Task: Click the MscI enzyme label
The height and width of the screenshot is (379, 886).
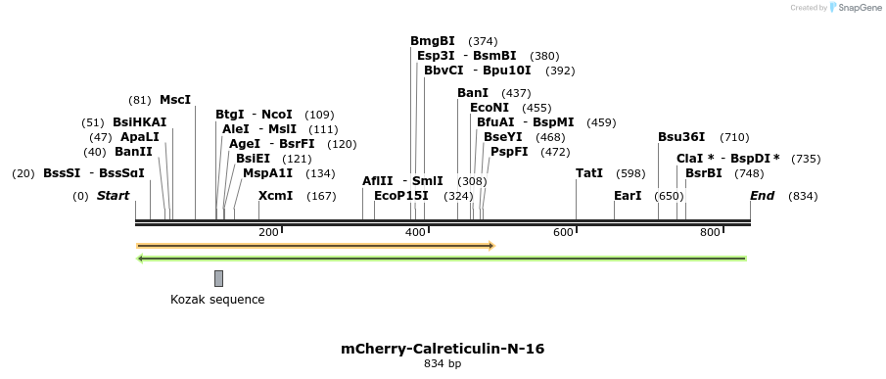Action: (x=175, y=99)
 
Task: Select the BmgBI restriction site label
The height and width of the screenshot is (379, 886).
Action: (x=433, y=41)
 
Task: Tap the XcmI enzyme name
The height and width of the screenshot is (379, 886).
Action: (x=275, y=196)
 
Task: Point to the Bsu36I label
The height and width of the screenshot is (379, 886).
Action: (x=681, y=137)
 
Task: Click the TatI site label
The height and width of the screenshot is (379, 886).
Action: (x=589, y=173)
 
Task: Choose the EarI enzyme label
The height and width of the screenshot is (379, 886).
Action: (x=628, y=196)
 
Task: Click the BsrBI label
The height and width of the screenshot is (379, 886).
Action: (x=704, y=173)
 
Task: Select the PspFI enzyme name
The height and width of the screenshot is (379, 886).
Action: (x=509, y=152)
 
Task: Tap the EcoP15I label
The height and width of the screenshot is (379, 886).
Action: (x=401, y=196)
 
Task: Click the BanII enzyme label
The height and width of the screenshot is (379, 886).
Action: (x=134, y=152)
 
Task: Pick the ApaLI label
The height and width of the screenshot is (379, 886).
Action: (x=139, y=137)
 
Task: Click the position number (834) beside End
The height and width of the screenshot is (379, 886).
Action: (x=803, y=196)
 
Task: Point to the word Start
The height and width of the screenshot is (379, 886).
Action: (x=113, y=196)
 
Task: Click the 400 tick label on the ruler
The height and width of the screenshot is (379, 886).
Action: (x=415, y=232)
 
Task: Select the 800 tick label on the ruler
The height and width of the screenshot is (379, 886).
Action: (x=709, y=232)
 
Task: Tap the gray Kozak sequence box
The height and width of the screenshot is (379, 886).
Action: (x=218, y=278)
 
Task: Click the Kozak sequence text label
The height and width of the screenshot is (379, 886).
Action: (x=217, y=300)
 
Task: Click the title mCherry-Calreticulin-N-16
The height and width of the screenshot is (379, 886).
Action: (x=443, y=348)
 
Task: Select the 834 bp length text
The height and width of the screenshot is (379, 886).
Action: (x=443, y=363)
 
